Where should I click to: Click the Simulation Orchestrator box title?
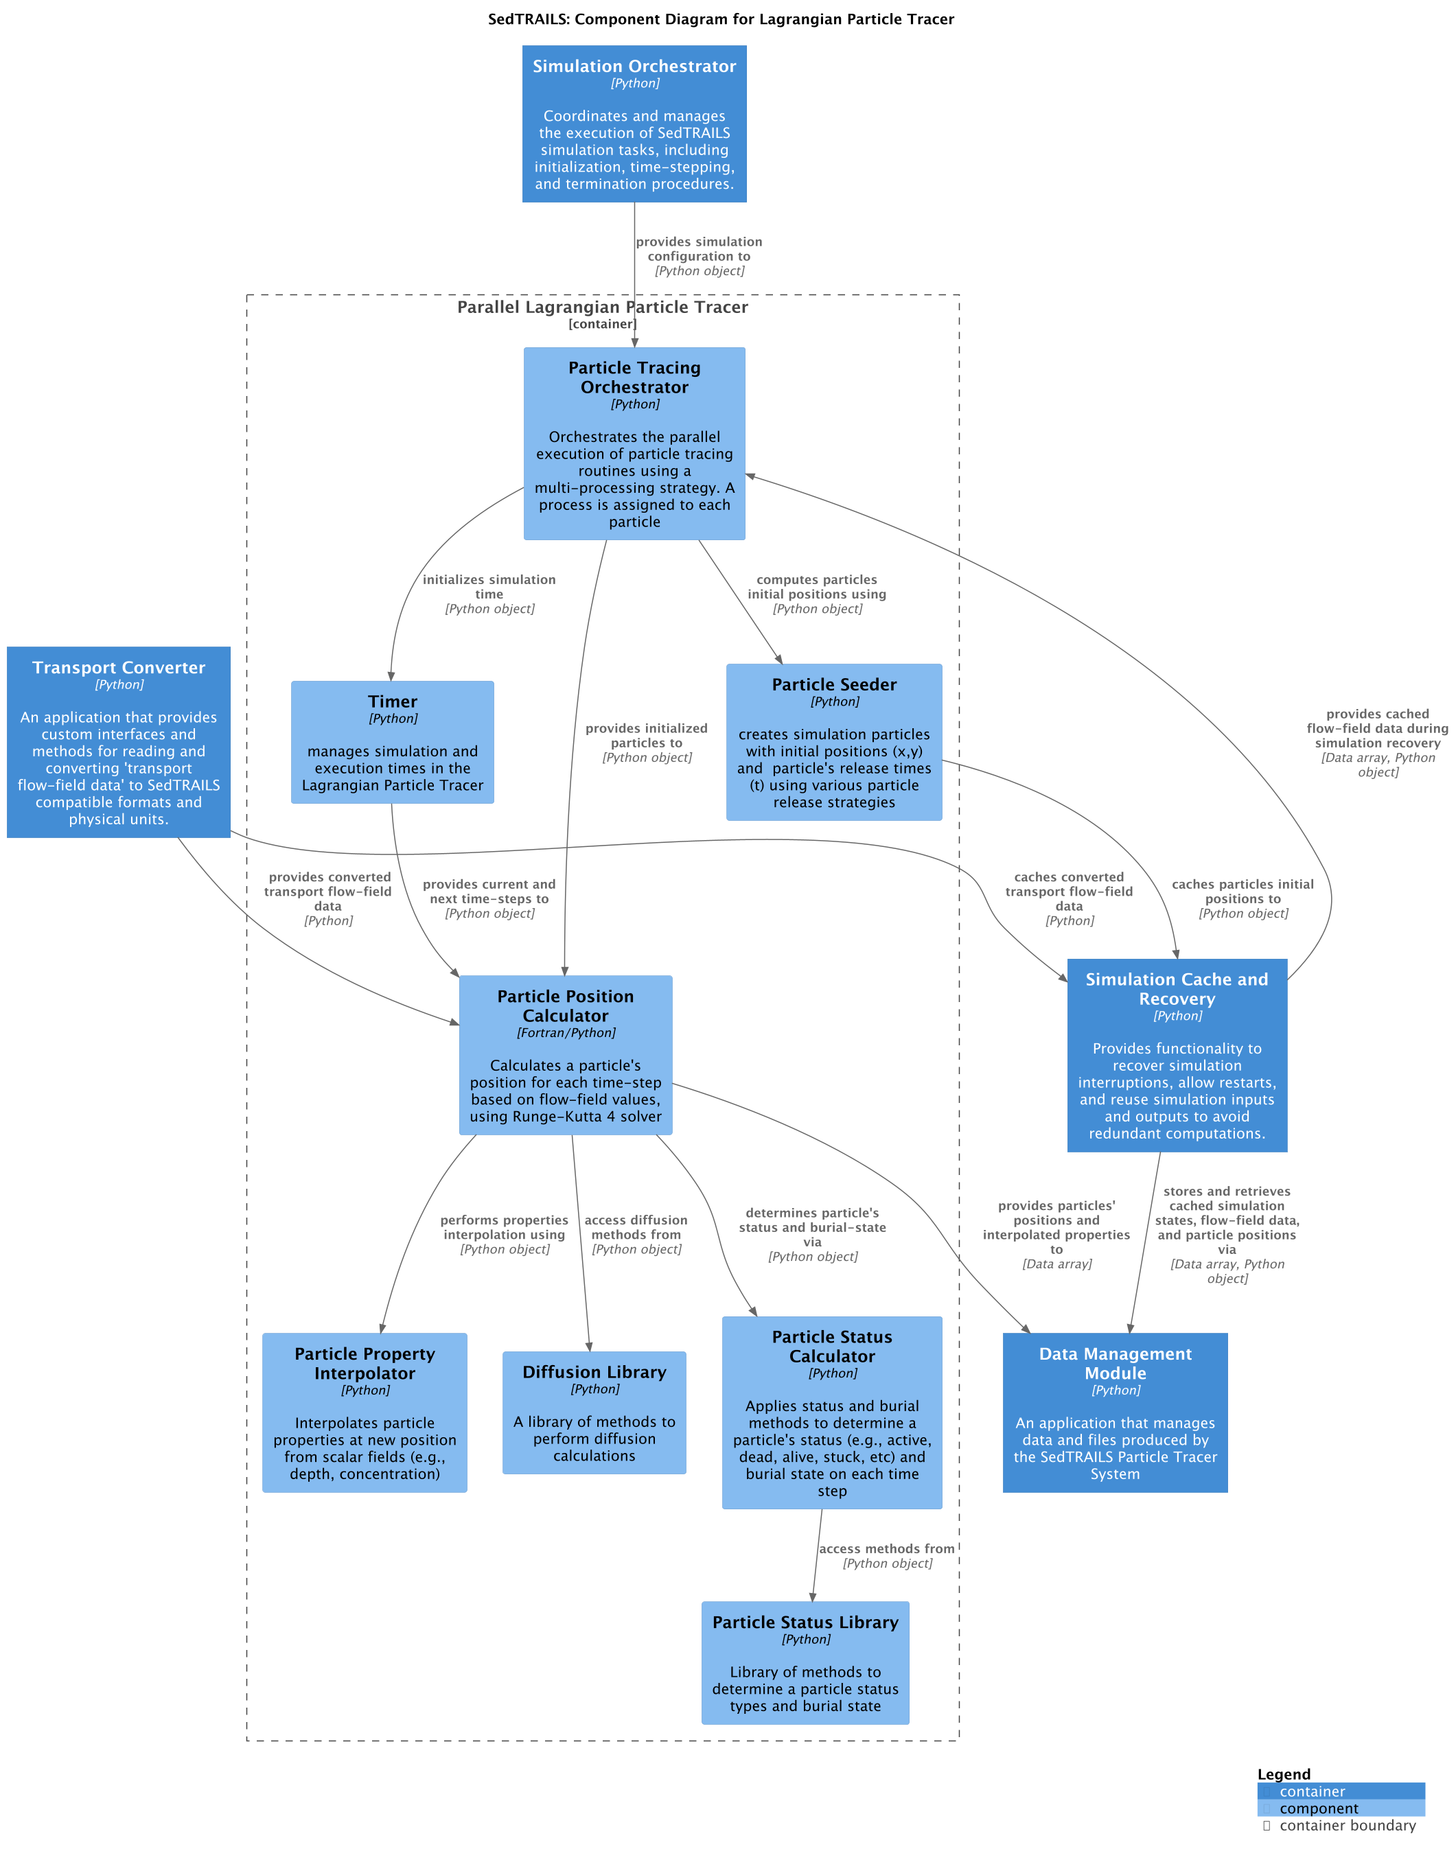[x=634, y=67]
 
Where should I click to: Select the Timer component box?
[x=392, y=742]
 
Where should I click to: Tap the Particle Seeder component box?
[x=833, y=742]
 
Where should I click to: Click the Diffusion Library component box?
[x=594, y=1413]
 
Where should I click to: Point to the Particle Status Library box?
[x=805, y=1662]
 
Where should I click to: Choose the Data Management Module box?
[x=1115, y=1413]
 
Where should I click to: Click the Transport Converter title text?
[x=119, y=667]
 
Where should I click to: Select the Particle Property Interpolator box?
[x=365, y=1413]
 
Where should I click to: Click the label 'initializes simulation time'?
[x=489, y=586]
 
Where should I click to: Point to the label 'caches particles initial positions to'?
[x=1243, y=892]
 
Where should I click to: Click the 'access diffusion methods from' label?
[x=636, y=1227]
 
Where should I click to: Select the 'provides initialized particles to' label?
[x=646, y=736]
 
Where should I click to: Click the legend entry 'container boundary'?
[x=1347, y=1825]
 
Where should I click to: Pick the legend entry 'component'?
[x=1319, y=1808]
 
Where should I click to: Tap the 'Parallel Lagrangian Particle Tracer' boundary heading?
[x=602, y=307]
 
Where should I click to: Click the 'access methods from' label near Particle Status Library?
[x=886, y=1549]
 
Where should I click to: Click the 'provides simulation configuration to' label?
[x=699, y=249]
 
